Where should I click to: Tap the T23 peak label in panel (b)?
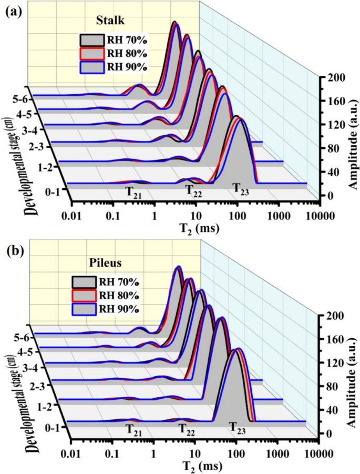(238, 427)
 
